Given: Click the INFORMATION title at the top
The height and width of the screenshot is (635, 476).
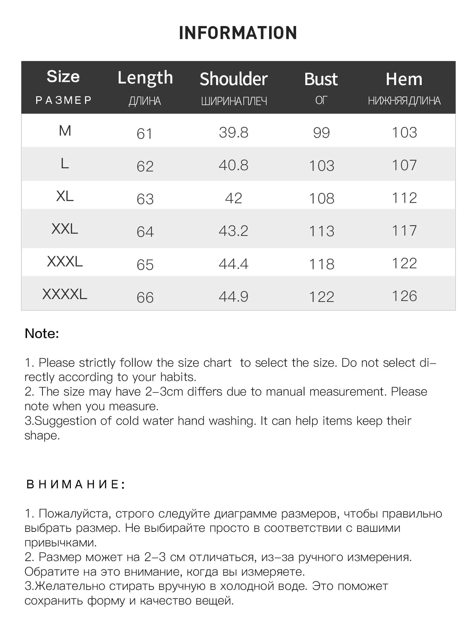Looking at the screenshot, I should click(x=238, y=33).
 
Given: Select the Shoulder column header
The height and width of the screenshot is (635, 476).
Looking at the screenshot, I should click(x=234, y=79).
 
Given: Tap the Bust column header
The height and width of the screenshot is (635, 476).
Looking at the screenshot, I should click(x=321, y=79).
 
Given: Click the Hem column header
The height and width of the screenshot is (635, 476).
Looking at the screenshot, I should click(x=404, y=79).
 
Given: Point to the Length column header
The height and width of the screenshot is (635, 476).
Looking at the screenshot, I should click(x=145, y=78).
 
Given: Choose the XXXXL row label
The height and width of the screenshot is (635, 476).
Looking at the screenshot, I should click(x=65, y=294).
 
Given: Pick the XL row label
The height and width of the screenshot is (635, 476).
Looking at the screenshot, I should click(x=65, y=196).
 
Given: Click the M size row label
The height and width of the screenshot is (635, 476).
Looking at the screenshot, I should click(x=65, y=131).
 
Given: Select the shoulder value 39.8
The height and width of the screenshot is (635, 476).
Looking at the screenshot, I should click(x=234, y=132).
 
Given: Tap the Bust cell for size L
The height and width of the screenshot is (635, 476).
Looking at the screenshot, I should click(x=322, y=165).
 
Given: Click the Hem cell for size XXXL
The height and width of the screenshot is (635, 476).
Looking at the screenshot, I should click(x=404, y=263).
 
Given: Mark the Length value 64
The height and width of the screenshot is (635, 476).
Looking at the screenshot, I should click(x=145, y=231).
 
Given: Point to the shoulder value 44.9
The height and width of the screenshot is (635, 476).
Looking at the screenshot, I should click(x=234, y=297).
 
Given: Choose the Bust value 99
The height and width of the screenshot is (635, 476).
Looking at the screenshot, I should click(x=321, y=132).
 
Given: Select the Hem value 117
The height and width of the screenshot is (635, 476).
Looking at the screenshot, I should click(x=404, y=230).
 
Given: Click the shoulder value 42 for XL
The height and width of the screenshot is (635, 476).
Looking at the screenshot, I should click(x=234, y=198).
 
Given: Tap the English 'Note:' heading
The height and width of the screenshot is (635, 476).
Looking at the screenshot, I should click(x=42, y=333).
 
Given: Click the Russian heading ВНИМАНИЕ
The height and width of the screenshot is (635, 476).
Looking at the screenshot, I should click(x=75, y=484).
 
